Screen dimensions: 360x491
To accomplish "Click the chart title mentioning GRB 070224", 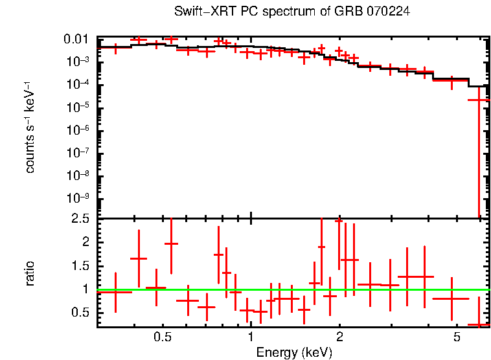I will [292, 12].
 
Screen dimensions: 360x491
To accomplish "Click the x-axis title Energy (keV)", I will [294, 352].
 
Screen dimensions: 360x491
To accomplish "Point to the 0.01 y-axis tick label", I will [81, 39].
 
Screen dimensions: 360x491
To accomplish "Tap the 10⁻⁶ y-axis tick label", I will [80, 130].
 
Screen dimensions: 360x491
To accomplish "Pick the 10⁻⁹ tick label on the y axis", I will [80, 198].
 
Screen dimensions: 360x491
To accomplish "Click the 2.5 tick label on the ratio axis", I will [82, 219].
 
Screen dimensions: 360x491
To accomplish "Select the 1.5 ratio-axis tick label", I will [82, 265].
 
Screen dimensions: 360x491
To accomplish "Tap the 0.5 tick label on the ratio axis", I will [82, 313].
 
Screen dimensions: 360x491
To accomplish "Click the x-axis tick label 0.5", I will [163, 337].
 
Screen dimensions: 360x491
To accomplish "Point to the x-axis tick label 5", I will [456, 337].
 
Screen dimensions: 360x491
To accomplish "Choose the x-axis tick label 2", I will [339, 337].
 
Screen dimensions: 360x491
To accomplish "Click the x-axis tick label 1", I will [251, 337].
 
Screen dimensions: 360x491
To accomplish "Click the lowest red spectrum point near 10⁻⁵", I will [479, 100].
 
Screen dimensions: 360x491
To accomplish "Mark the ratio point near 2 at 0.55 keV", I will [171, 243].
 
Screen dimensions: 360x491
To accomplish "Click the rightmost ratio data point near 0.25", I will [479, 324].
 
